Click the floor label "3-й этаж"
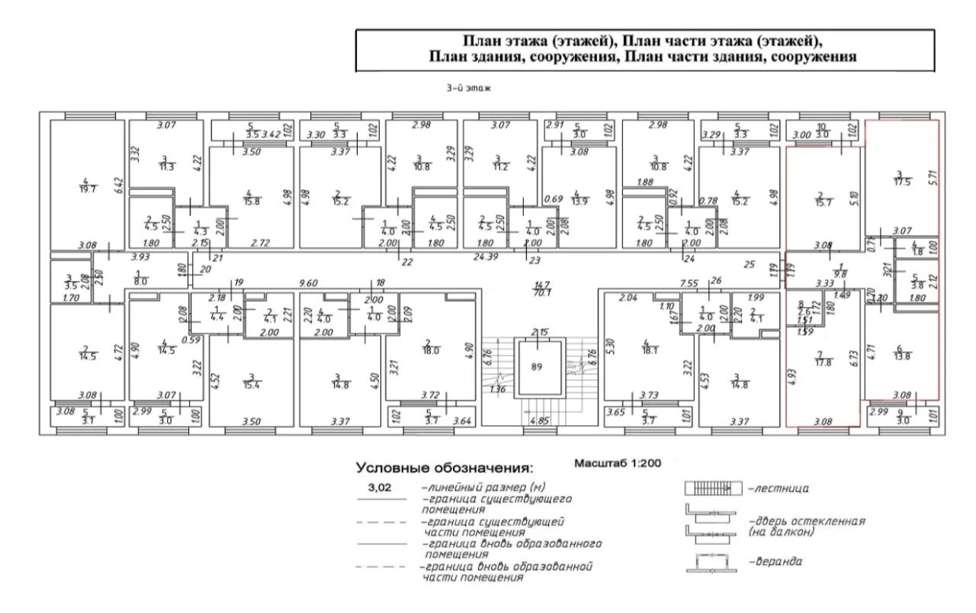(468, 89)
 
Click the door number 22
(407, 262)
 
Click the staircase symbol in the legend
(711, 488)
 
